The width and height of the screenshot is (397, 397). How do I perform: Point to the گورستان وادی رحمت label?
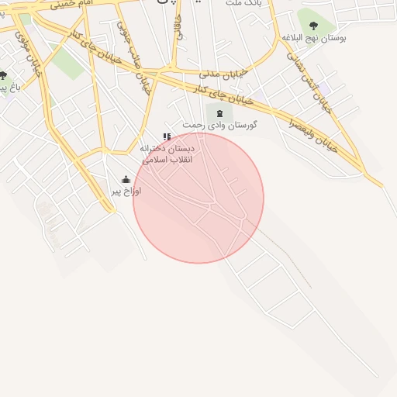click(220, 125)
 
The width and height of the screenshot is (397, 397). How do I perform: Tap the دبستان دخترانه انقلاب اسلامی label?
click(170, 153)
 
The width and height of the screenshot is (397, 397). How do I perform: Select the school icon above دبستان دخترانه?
click(167, 137)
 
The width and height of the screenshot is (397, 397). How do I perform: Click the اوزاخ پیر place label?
click(126, 190)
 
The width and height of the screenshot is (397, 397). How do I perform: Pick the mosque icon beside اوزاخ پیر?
click(126, 179)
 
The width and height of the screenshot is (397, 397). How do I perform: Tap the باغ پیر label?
click(8, 88)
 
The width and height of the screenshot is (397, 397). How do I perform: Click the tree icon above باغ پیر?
click(4, 75)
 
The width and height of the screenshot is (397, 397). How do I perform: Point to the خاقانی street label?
click(181, 27)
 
